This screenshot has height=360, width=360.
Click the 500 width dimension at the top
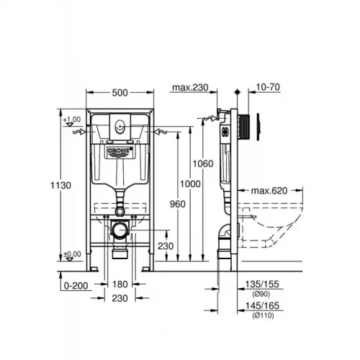pos(121,92)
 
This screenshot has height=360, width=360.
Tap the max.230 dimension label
pos(189,89)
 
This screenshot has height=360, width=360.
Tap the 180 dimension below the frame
pos(121,284)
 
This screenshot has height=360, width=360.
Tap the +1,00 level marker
pos(71,119)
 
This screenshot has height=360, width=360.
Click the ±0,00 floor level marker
pos(71,254)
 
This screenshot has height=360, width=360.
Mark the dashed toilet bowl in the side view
pos(277,223)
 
